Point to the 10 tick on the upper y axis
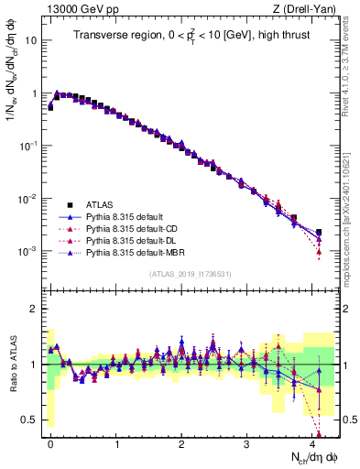[x=30, y=41]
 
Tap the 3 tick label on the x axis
[x=246, y=442]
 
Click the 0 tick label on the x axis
[x=50, y=442]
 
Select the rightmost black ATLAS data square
[x=319, y=233]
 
